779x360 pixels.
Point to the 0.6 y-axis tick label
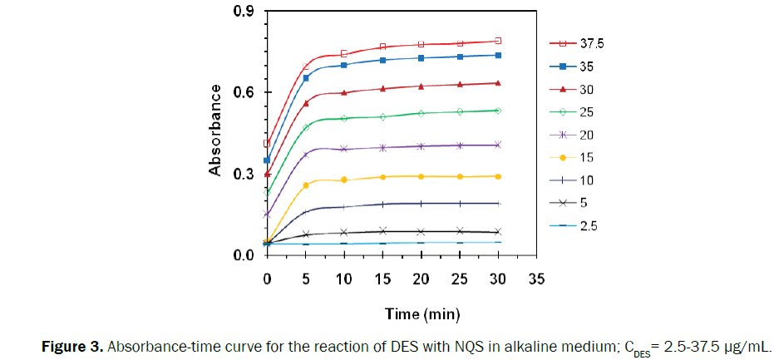click(x=243, y=92)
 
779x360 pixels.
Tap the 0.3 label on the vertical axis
click(x=243, y=174)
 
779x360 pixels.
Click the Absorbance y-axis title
click(x=215, y=130)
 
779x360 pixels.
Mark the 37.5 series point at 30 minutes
click(x=498, y=41)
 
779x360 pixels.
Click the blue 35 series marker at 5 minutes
click(x=306, y=78)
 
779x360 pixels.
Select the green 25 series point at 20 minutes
click(x=421, y=113)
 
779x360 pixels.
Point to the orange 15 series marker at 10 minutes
click(x=344, y=180)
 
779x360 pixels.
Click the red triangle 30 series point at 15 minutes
click(x=382, y=88)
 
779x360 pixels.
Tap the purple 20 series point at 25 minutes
click(x=460, y=145)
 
